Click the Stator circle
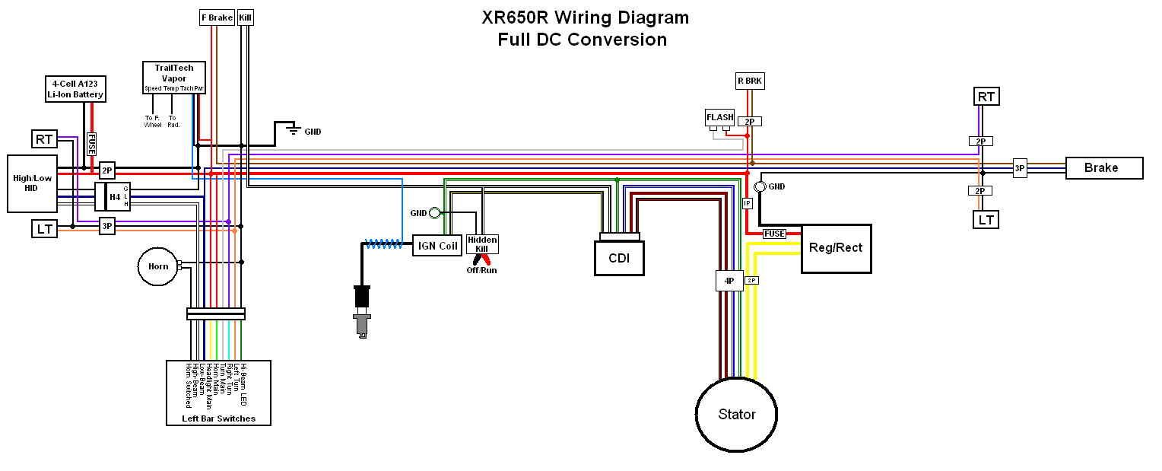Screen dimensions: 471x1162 pyautogui.click(x=736, y=414)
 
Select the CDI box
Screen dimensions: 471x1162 pyautogui.click(x=618, y=258)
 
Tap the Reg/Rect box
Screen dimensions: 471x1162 pyautogui.click(x=836, y=248)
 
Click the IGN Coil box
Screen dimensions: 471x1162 pyautogui.click(x=438, y=246)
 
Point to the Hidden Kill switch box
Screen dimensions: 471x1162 pyautogui.click(x=482, y=244)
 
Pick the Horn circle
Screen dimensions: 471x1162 pyautogui.click(x=157, y=266)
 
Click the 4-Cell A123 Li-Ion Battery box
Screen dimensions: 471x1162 pyautogui.click(x=75, y=89)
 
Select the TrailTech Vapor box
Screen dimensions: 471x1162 pyautogui.click(x=174, y=78)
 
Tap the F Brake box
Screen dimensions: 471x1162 pyautogui.click(x=216, y=17)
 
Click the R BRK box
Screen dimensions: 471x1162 pyautogui.click(x=749, y=81)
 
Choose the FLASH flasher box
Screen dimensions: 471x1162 pyautogui.click(x=719, y=117)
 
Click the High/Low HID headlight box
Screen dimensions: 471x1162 pyautogui.click(x=33, y=183)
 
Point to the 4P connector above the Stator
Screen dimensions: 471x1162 pyautogui.click(x=729, y=281)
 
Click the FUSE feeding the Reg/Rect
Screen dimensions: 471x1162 pyautogui.click(x=774, y=234)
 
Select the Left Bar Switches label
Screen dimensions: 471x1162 pyautogui.click(x=218, y=418)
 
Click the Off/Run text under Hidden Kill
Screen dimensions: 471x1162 pyautogui.click(x=481, y=270)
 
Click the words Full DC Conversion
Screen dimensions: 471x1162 pyautogui.click(x=582, y=40)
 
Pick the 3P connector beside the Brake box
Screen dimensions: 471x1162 pyautogui.click(x=1020, y=168)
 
